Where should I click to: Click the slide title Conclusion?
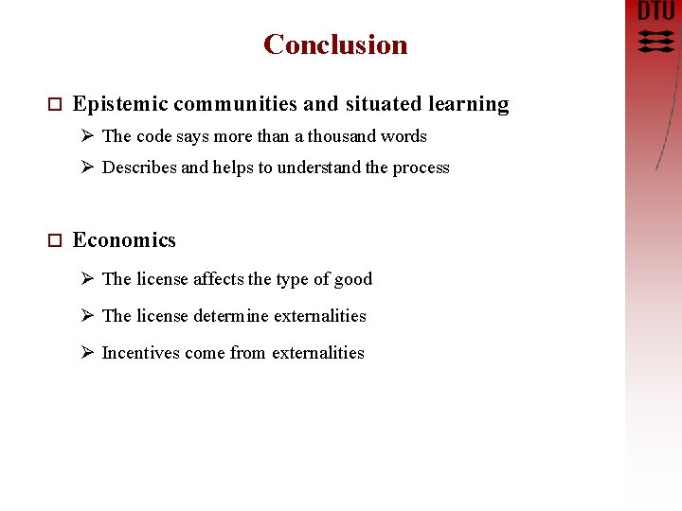335,44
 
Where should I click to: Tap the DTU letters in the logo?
655,11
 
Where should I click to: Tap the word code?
153,136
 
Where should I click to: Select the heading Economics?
124,240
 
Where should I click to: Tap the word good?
353,279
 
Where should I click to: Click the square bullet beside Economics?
53,241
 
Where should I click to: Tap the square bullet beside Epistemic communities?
53,105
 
